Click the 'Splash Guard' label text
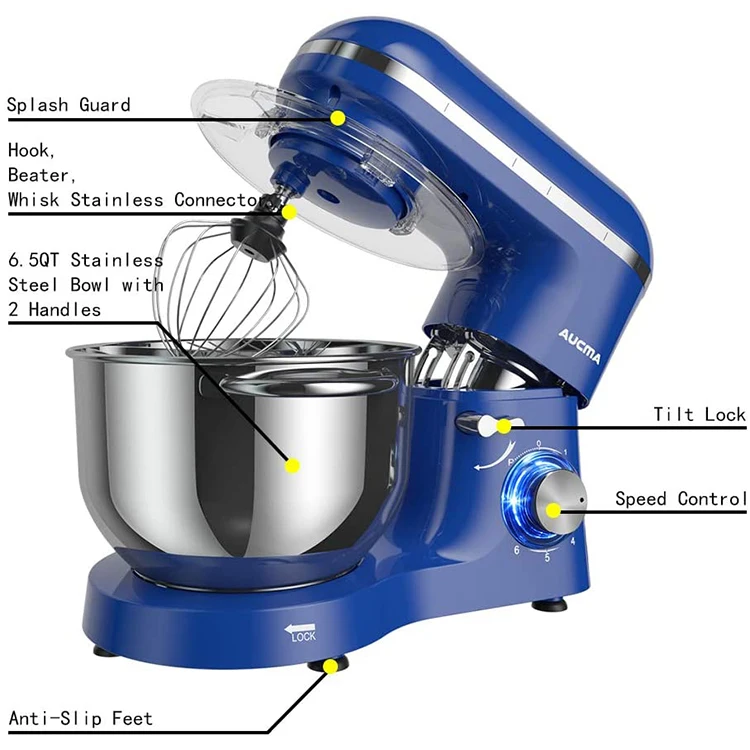(69, 105)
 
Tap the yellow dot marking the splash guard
(338, 118)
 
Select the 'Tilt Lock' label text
(699, 414)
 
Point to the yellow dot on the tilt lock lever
(504, 427)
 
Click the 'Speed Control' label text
(680, 498)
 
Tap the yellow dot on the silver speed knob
(553, 510)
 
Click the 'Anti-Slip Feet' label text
(81, 718)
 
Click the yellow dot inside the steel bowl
(292, 465)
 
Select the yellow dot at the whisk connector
(288, 212)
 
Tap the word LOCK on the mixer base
(303, 637)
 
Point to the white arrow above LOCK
(300, 626)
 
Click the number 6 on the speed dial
(516, 550)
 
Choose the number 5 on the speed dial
(547, 557)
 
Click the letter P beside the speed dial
(512, 461)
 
